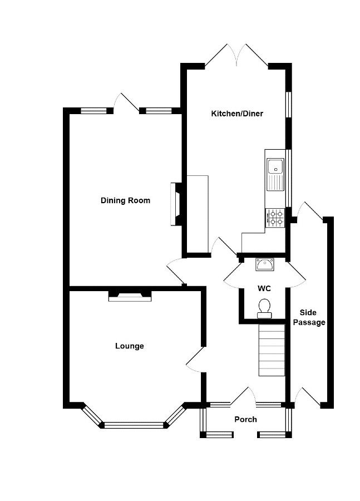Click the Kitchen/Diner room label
pyautogui.click(x=237, y=114)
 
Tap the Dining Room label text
pyautogui.click(x=125, y=200)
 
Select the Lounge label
pyautogui.click(x=130, y=346)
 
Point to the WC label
pyautogui.click(x=264, y=288)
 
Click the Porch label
pyautogui.click(x=245, y=419)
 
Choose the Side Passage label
pyautogui.click(x=309, y=318)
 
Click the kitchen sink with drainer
pyautogui.click(x=275, y=174)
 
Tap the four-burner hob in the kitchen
pyautogui.click(x=274, y=218)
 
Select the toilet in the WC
pyautogui.click(x=264, y=308)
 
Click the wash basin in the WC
pyautogui.click(x=264, y=265)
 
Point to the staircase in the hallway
pyautogui.click(x=272, y=350)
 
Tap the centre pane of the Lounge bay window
pyautogui.click(x=134, y=425)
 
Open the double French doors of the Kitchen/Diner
pyautogui.click(x=236, y=56)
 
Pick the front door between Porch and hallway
pyautogui.click(x=243, y=396)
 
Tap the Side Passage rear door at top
pyautogui.click(x=310, y=210)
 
